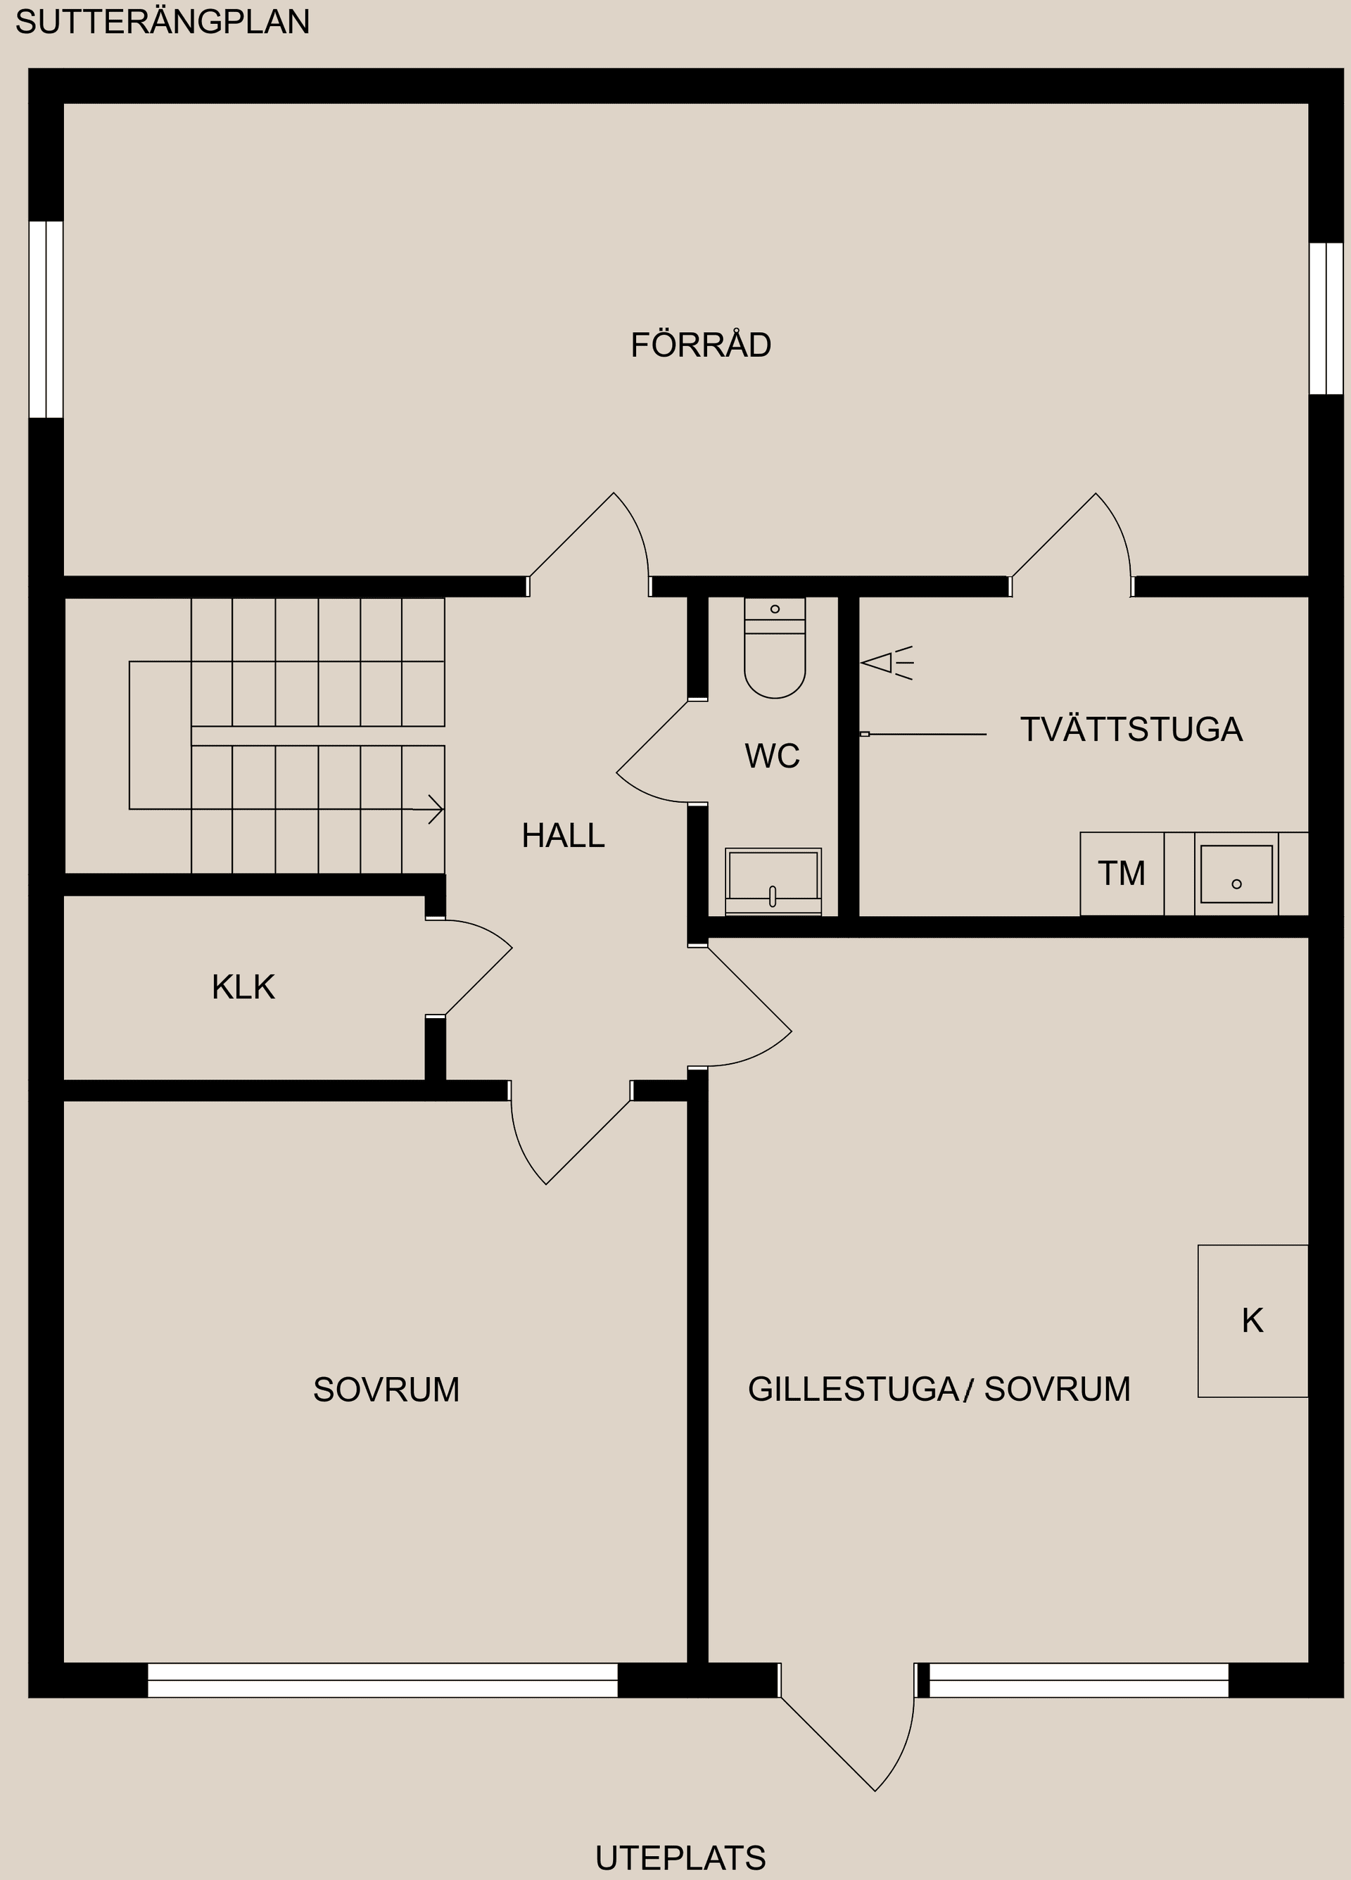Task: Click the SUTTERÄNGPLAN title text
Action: click(x=163, y=22)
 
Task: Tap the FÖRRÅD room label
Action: click(x=700, y=345)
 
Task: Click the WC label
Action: click(x=772, y=756)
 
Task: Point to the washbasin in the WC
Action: click(x=773, y=880)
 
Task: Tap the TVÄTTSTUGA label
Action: click(x=1131, y=730)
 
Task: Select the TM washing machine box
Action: click(x=1122, y=874)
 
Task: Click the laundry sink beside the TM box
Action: click(x=1236, y=874)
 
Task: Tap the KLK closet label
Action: click(x=243, y=987)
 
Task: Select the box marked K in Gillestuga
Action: click(x=1252, y=1321)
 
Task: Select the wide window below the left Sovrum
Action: click(x=382, y=1680)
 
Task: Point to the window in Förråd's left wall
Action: click(x=46, y=319)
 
